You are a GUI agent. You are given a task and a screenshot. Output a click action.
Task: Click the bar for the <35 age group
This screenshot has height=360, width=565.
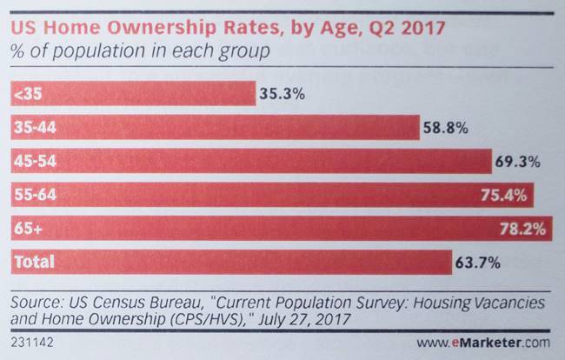tap(130, 93)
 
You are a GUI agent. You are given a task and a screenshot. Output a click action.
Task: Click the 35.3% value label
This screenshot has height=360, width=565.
tap(280, 93)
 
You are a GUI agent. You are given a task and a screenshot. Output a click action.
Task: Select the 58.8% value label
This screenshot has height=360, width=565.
tap(446, 128)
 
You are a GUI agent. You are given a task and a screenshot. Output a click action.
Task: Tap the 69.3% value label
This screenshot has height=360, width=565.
tap(519, 162)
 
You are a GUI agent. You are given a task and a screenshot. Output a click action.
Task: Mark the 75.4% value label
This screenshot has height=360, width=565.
tap(505, 195)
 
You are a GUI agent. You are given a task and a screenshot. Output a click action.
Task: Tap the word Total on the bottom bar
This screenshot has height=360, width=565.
tap(33, 262)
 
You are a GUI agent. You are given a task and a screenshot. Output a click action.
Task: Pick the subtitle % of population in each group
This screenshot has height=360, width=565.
tap(139, 50)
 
